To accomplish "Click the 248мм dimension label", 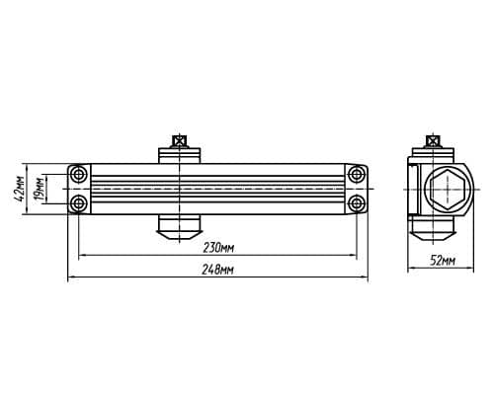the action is click(217, 270).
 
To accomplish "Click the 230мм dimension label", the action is click(218, 248).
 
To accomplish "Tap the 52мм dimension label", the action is click(444, 261).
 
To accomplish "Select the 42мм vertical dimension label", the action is click(21, 189).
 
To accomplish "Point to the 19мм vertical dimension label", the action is click(40, 189).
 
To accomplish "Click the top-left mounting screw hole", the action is click(79, 174).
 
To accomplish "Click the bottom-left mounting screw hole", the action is click(79, 203).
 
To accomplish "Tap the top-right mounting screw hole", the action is click(357, 174).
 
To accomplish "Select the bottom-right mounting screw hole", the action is click(357, 203).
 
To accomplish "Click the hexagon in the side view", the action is click(448, 189).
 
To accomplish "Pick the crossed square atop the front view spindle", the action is click(179, 141).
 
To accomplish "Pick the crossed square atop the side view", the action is click(433, 141).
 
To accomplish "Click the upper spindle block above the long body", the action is click(179, 156).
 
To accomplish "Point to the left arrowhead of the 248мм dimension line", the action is click(71, 277).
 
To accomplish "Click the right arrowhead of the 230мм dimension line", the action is click(354, 255).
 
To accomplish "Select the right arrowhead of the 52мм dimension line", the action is click(470, 269).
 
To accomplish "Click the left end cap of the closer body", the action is click(79, 189).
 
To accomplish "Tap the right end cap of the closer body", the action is click(357, 189).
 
